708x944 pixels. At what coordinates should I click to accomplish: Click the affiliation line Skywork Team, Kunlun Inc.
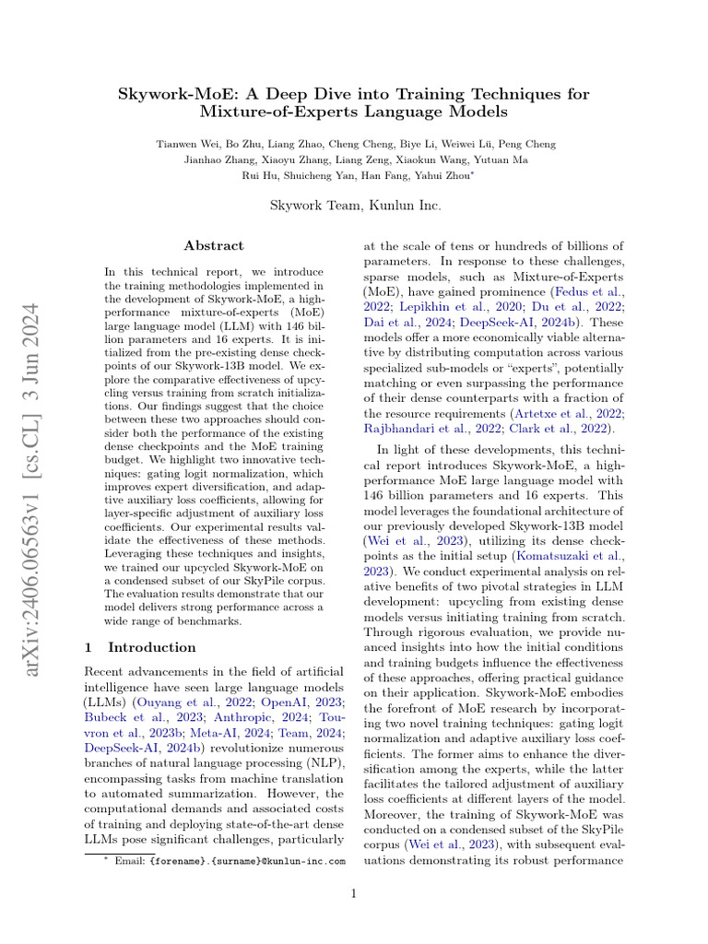354,206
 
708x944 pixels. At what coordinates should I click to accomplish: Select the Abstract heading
214,245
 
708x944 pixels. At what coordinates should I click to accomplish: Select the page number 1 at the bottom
354,892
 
